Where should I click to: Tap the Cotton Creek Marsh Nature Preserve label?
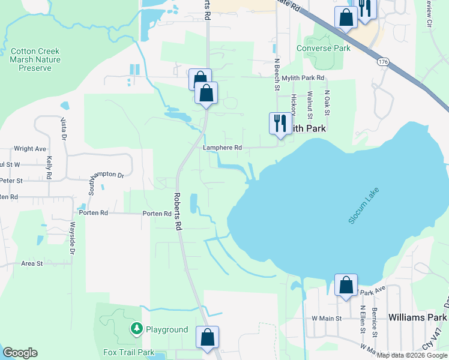(31, 59)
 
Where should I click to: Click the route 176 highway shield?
(382, 62)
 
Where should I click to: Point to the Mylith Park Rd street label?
(303, 78)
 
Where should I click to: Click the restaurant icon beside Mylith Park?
(280, 124)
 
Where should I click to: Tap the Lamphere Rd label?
(222, 148)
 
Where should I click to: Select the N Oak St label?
(328, 103)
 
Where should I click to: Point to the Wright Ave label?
(30, 149)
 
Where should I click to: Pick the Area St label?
(32, 263)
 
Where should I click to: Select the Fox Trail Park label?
(130, 353)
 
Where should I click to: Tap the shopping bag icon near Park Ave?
(346, 285)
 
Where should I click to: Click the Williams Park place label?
(417, 317)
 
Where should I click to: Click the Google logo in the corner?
(20, 353)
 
